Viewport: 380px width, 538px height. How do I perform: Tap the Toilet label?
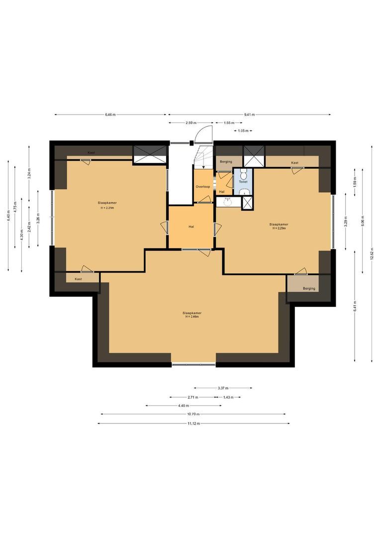[x=243, y=182]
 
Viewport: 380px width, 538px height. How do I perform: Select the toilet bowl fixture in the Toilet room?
[x=243, y=174]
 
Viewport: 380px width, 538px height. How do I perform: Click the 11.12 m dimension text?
[x=193, y=423]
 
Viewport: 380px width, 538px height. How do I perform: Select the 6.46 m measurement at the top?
[x=110, y=115]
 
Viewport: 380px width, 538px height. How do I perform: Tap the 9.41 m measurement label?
[x=250, y=115]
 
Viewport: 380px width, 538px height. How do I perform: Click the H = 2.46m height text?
[x=192, y=316]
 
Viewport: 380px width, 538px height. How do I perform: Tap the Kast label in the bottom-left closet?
[x=78, y=279]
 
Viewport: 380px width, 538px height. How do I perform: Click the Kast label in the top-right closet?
[x=295, y=162]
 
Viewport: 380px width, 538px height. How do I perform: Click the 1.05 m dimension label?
[x=243, y=131]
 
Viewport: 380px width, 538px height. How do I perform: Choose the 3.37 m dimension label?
[x=223, y=388]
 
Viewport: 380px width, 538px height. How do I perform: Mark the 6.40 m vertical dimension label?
[x=8, y=216]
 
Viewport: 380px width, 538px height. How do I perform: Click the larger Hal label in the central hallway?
[x=191, y=227]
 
